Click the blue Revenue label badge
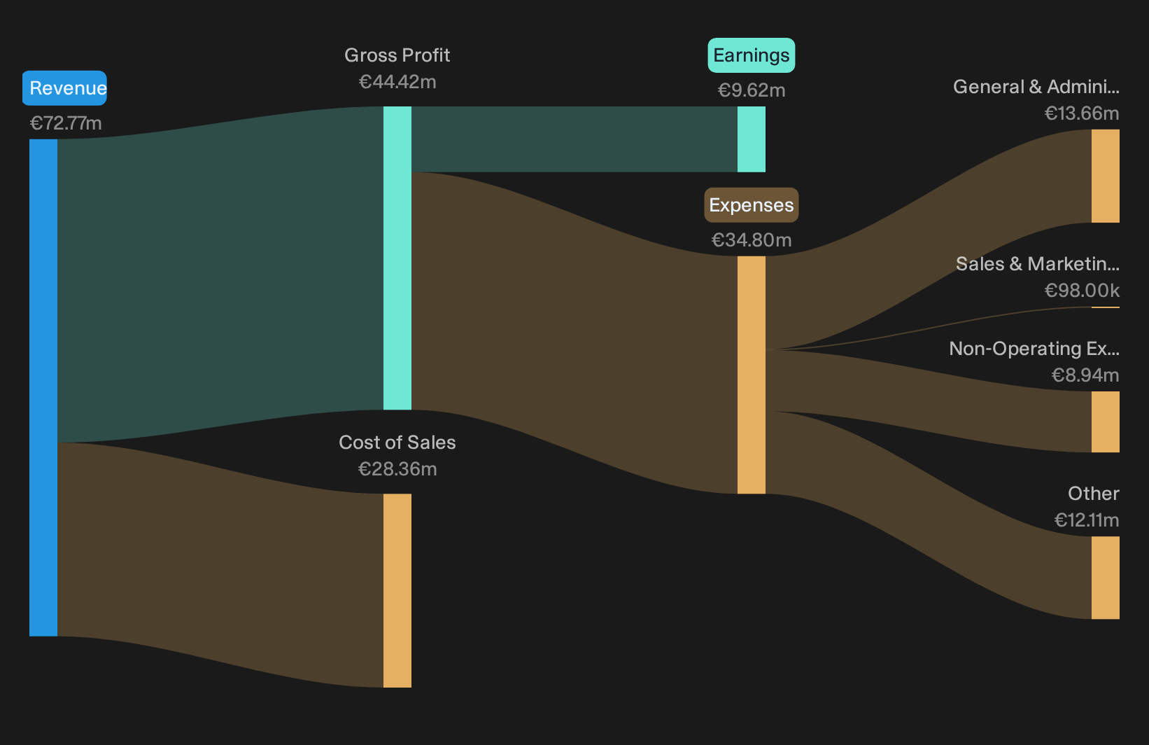(x=64, y=88)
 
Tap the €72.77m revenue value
(x=66, y=123)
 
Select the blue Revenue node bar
(x=43, y=388)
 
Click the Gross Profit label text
(x=397, y=55)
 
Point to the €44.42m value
(x=397, y=82)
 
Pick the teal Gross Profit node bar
(x=397, y=258)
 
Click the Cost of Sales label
(x=397, y=443)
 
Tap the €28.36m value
(x=397, y=469)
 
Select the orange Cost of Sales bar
(x=397, y=590)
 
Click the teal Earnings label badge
(x=752, y=55)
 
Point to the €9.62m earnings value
(x=752, y=90)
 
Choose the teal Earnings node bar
(x=752, y=139)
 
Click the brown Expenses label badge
(x=752, y=205)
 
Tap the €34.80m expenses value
(x=752, y=239)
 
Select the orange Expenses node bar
(x=752, y=375)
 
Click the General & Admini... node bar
(x=1106, y=176)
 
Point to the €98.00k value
(x=1082, y=291)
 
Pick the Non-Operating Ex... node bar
(x=1106, y=422)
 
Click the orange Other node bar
(x=1106, y=578)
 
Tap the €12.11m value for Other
(x=1087, y=520)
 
